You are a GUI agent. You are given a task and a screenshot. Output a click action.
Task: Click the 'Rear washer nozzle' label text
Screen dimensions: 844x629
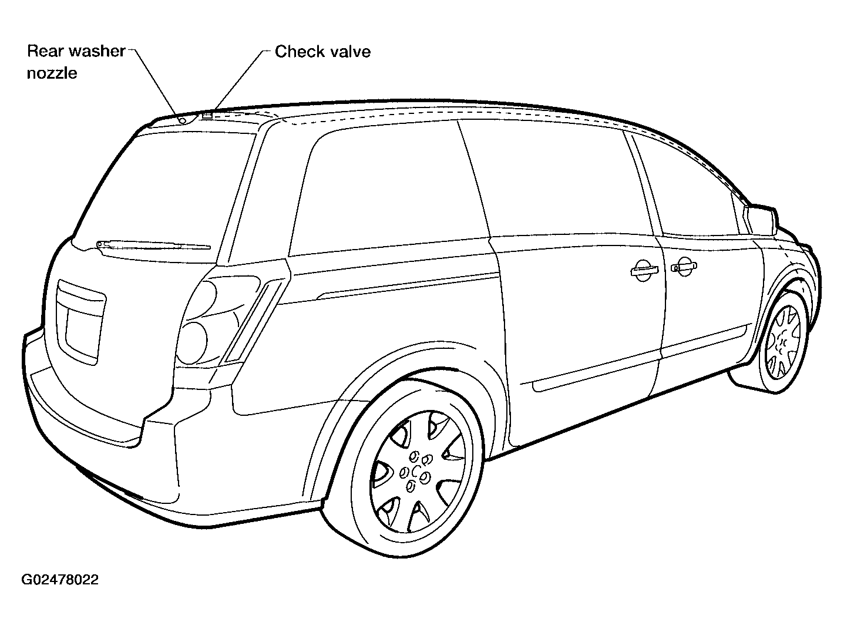(76, 62)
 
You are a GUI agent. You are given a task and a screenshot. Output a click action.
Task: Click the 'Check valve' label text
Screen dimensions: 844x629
(322, 52)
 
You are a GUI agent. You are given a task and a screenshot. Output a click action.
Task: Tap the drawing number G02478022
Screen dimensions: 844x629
(60, 580)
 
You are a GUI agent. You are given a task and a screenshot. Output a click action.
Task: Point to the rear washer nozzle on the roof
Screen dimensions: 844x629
(183, 121)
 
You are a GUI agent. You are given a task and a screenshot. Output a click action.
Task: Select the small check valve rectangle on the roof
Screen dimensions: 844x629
(207, 115)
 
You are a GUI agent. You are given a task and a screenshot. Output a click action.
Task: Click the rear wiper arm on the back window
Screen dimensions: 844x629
(153, 245)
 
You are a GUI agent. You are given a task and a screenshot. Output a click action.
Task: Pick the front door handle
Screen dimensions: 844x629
(684, 266)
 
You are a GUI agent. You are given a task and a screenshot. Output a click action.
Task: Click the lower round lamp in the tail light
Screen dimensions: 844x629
(192, 343)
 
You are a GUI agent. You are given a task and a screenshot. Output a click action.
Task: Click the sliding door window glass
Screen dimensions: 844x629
(557, 179)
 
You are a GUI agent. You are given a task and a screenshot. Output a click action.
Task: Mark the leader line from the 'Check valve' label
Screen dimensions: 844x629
(239, 80)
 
